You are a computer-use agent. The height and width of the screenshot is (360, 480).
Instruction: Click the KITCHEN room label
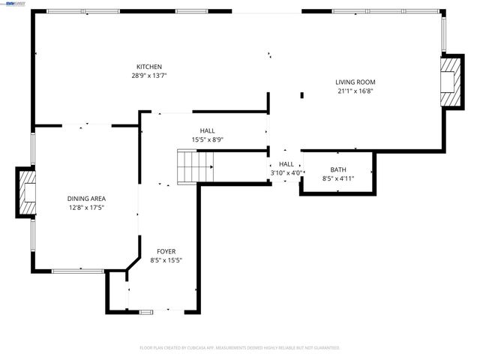click(148, 67)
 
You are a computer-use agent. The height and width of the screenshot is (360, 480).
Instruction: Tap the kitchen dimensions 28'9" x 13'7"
click(148, 76)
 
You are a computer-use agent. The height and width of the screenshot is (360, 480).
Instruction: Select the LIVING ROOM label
click(355, 82)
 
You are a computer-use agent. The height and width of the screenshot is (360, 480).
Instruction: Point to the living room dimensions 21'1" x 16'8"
click(355, 91)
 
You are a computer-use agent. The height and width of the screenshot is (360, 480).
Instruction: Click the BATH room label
click(337, 169)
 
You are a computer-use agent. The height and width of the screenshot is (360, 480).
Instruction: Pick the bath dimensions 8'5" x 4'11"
click(337, 178)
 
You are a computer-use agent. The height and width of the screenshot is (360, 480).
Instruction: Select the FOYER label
click(166, 251)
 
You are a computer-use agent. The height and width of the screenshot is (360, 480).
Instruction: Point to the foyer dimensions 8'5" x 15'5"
click(166, 260)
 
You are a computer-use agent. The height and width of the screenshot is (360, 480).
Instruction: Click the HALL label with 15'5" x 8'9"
click(207, 130)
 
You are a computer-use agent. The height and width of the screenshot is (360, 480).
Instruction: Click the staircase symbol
click(194, 166)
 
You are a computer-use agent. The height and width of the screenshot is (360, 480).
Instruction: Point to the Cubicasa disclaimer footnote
click(240, 348)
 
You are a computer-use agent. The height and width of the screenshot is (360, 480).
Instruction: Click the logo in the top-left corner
click(11, 4)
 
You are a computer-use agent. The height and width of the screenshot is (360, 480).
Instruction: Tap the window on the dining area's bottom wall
click(77, 271)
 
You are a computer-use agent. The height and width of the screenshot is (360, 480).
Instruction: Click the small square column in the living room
click(302, 94)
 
